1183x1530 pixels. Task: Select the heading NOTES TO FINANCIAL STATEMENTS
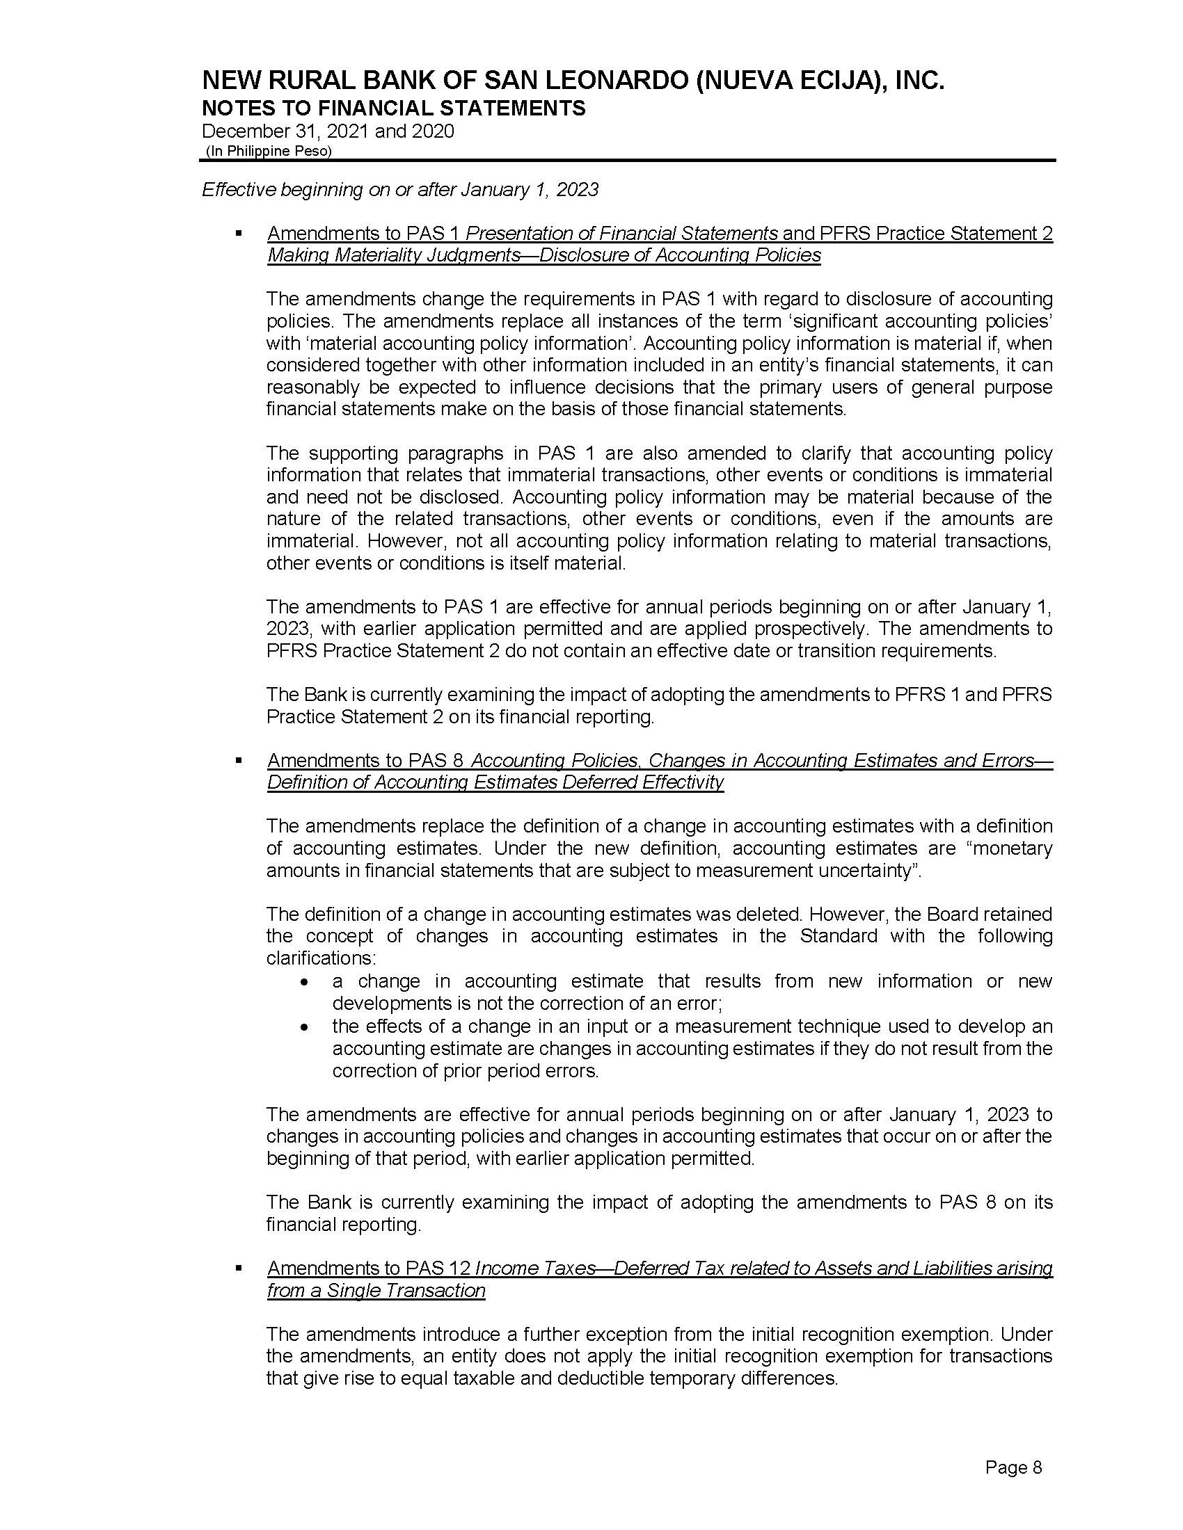[x=393, y=108]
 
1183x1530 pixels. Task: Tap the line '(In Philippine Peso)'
[x=268, y=152]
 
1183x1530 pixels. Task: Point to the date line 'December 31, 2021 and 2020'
[x=328, y=131]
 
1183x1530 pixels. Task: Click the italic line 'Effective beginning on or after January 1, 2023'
[x=400, y=190]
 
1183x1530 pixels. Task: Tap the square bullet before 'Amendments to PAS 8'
[x=239, y=759]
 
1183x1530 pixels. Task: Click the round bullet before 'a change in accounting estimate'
[x=303, y=983]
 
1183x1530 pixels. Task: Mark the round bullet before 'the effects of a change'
[x=303, y=1029]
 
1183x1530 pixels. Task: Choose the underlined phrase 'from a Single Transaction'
[x=376, y=1290]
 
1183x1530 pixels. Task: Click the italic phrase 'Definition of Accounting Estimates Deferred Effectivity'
[x=495, y=782]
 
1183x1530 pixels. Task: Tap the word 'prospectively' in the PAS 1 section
[x=797, y=629]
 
